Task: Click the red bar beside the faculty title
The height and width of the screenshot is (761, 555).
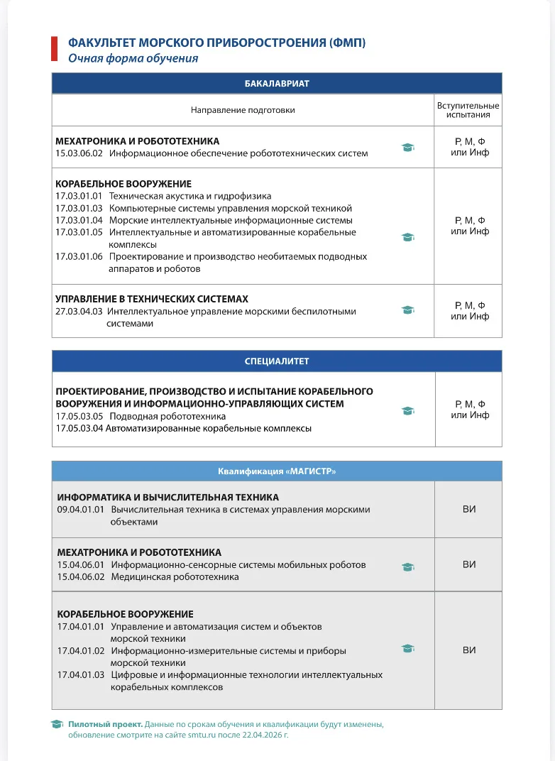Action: [x=54, y=49]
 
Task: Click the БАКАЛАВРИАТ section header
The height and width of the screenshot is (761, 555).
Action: [x=277, y=83]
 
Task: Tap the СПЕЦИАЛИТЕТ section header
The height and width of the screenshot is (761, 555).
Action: [x=277, y=361]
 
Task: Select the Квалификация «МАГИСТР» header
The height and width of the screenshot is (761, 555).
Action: [x=277, y=471]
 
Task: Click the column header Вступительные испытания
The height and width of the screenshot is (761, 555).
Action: [x=468, y=110]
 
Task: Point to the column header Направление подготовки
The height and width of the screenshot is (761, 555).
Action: [x=243, y=110]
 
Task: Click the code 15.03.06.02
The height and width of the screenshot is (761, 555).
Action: [x=79, y=153]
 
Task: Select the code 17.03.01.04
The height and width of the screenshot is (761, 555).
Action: [x=79, y=220]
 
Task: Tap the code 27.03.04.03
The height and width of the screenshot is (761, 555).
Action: [x=79, y=311]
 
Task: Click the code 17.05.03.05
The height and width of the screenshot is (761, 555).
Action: [x=79, y=416]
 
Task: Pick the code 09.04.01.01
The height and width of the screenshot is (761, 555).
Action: [x=81, y=509]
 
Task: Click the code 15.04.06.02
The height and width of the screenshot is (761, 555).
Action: [x=81, y=576]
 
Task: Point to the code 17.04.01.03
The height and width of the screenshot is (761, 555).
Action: [x=81, y=674]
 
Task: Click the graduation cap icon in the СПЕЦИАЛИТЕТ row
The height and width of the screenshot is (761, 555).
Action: [x=407, y=410]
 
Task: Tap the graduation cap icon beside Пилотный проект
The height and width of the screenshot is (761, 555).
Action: [x=57, y=724]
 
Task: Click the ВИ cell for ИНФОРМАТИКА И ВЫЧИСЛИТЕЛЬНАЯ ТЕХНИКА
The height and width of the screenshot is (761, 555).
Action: [x=468, y=509]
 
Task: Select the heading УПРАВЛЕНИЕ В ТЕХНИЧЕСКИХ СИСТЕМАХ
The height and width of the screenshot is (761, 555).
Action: [x=152, y=299]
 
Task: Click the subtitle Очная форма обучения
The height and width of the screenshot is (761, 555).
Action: [x=133, y=58]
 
